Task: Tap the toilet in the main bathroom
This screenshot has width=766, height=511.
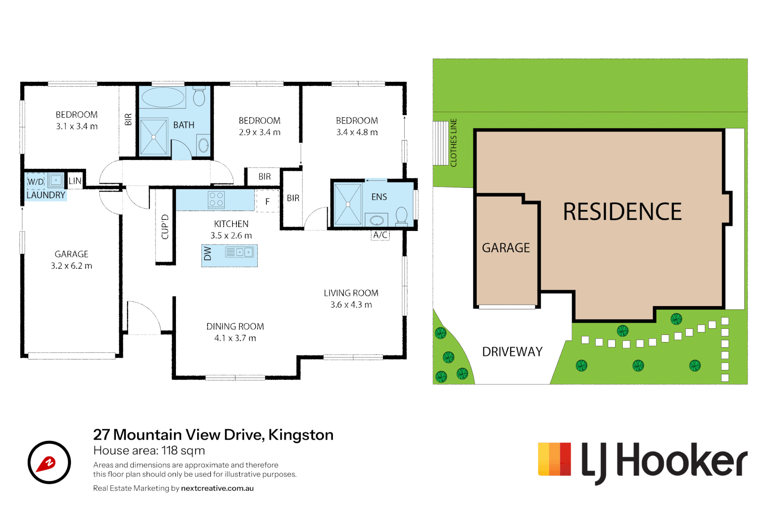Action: tap(199, 96)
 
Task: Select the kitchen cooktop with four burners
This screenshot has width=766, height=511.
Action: tap(216, 200)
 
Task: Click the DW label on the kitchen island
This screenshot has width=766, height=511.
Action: tap(208, 254)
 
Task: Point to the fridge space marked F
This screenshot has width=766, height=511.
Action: tap(268, 202)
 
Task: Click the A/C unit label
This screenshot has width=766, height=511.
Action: tap(380, 235)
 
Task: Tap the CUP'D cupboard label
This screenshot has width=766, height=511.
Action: tap(165, 227)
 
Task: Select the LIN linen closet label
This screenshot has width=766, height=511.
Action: tap(75, 181)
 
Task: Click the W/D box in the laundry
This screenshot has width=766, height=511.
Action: tap(35, 181)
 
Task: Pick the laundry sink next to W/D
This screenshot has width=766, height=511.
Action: tap(56, 180)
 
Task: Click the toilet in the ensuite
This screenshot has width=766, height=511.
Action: tap(401, 216)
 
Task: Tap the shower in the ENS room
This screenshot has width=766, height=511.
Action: tap(348, 204)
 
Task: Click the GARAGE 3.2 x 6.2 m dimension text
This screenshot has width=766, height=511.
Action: tap(71, 265)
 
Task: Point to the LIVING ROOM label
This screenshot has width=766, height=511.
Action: tap(351, 293)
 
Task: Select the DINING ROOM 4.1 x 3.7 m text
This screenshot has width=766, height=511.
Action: tap(235, 332)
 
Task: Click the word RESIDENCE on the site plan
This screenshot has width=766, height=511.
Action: tap(622, 212)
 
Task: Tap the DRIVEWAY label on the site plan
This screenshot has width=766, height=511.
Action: tap(512, 352)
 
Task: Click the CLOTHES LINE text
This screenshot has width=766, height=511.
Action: tap(453, 143)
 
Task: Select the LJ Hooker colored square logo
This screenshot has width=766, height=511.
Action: tap(554, 459)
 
